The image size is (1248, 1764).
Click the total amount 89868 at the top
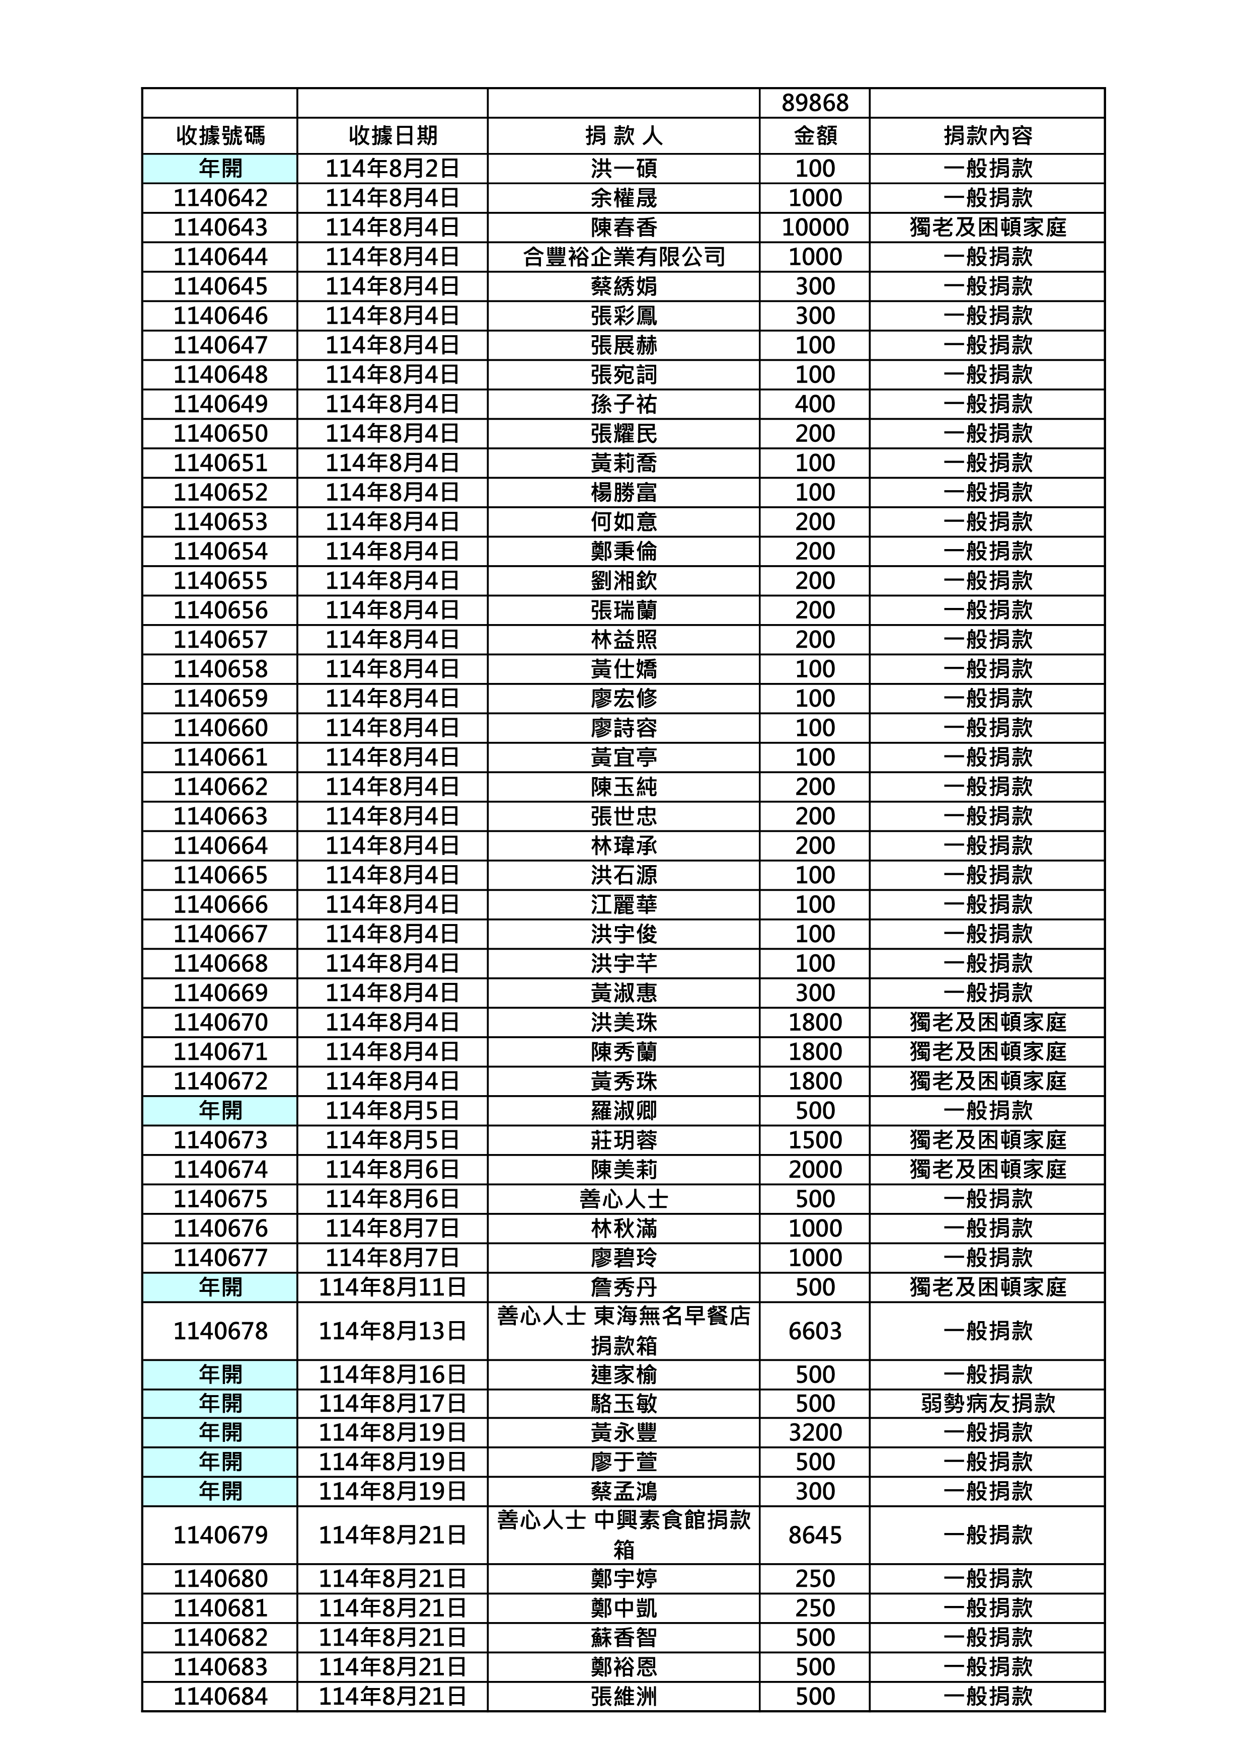click(x=815, y=103)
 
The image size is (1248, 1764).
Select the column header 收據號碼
click(x=220, y=136)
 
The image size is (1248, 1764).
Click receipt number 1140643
click(x=220, y=227)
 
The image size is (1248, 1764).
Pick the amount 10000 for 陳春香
click(x=815, y=227)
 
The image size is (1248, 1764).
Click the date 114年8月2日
click(x=392, y=168)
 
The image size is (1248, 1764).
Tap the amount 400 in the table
click(x=815, y=404)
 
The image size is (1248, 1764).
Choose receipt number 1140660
click(x=220, y=728)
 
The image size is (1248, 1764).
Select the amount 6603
click(x=815, y=1331)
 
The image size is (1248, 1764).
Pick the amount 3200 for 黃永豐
click(x=815, y=1433)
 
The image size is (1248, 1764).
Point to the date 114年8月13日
click(x=392, y=1331)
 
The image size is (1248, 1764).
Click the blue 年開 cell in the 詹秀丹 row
click(x=220, y=1287)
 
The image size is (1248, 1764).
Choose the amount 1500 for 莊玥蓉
click(x=815, y=1140)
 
